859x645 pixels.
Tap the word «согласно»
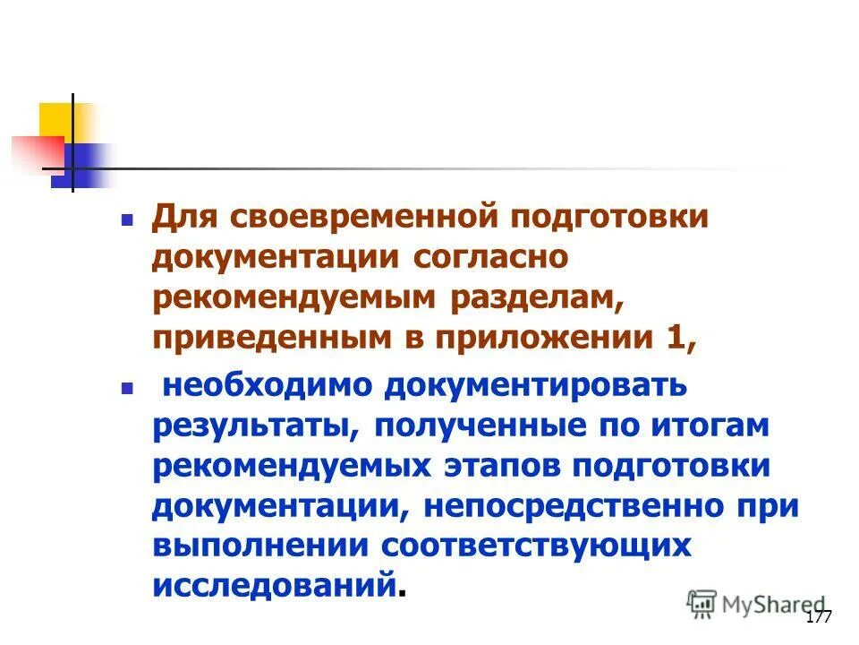pyautogui.click(x=490, y=260)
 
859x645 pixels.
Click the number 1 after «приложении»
pyautogui.click(x=679, y=340)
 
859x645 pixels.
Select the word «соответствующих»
pyautogui.click(x=537, y=546)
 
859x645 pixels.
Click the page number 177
pyautogui.click(x=819, y=617)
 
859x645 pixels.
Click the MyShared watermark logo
pyautogui.click(x=757, y=604)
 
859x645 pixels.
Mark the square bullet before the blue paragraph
pyautogui.click(x=127, y=387)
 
